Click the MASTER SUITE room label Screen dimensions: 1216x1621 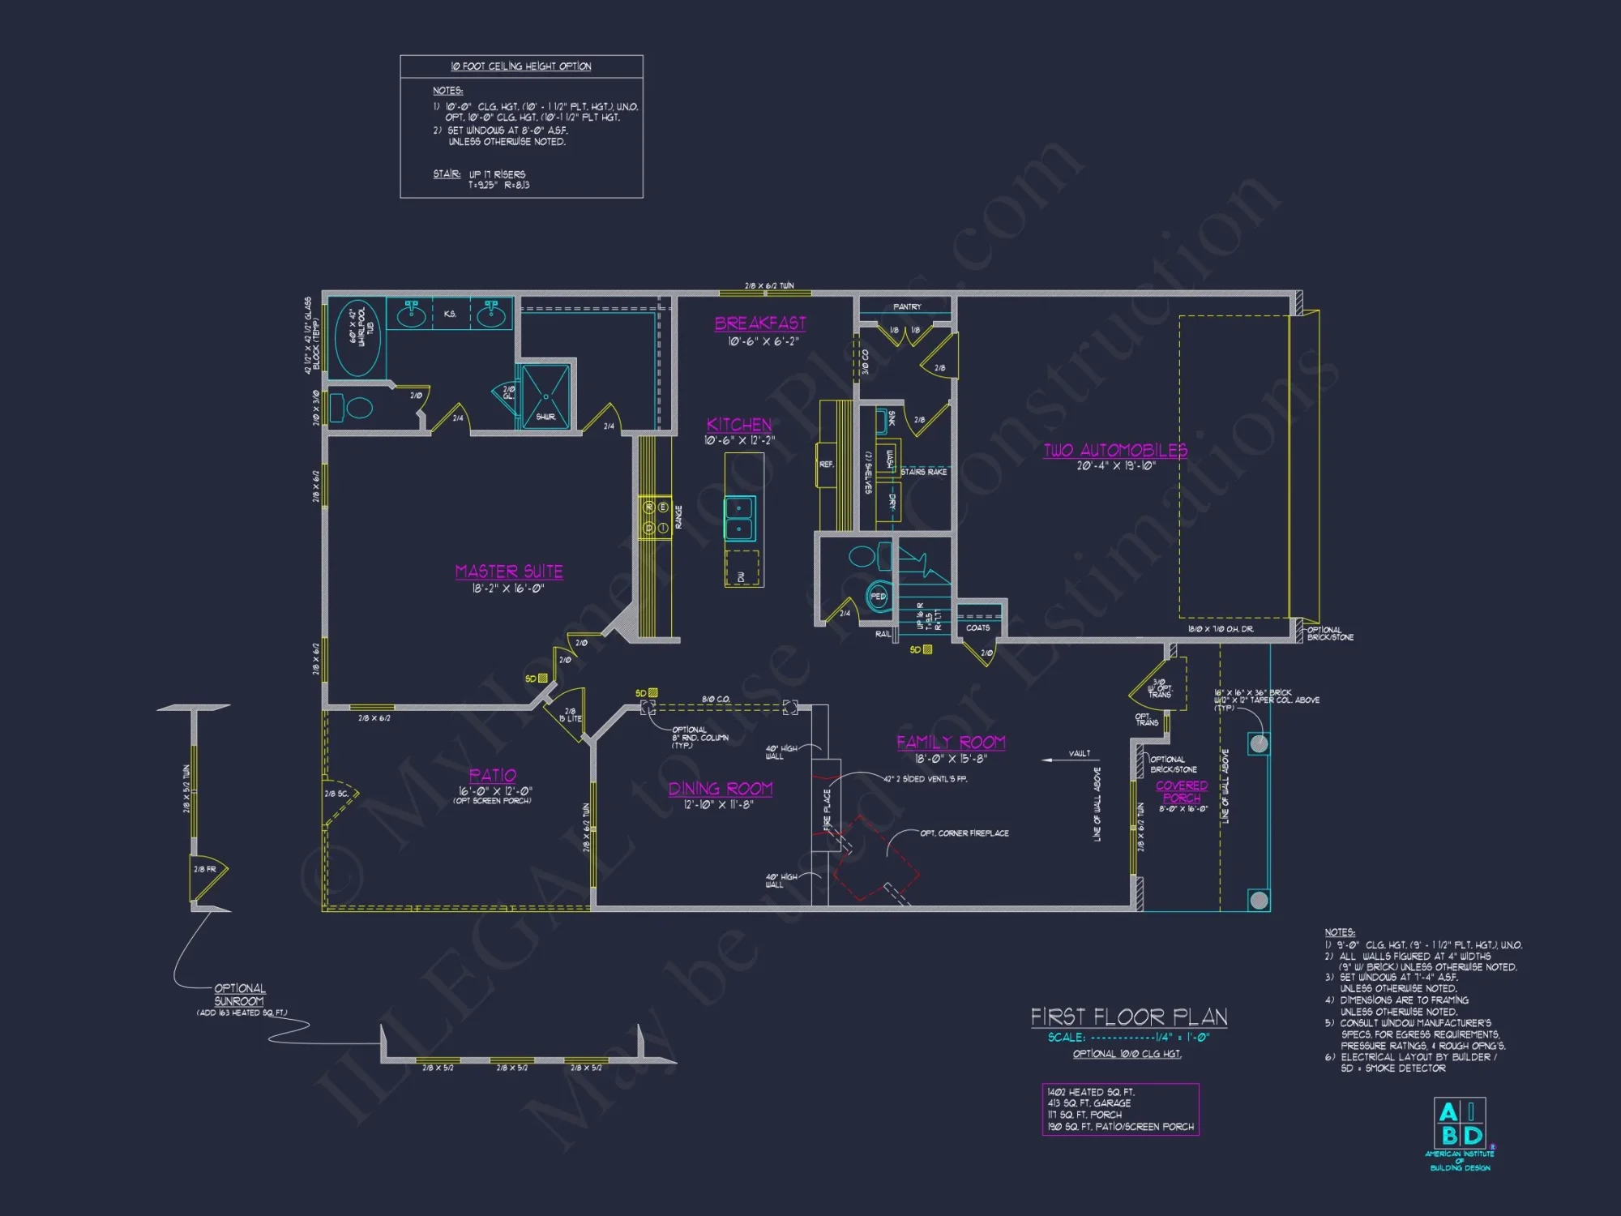pos(508,572)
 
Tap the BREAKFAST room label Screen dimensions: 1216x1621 pos(759,323)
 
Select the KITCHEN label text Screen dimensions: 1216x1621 pos(738,425)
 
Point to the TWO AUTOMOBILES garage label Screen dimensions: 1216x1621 pos(1114,451)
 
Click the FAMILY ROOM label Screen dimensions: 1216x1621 pos(951,743)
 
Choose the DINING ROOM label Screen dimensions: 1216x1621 pos(720,789)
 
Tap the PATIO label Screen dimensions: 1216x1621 pos(492,776)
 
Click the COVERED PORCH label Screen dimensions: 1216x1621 pos(1181,792)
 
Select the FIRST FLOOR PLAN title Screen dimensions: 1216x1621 pos(1128,1017)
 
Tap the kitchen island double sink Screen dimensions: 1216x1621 pos(739,518)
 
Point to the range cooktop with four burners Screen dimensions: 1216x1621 pos(655,517)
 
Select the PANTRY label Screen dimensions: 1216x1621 pos(907,307)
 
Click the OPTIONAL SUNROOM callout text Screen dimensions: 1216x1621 pos(239,995)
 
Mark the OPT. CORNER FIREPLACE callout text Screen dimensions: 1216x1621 pos(964,833)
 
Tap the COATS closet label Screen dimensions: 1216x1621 pos(977,627)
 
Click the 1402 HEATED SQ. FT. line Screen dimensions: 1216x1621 pos(1090,1092)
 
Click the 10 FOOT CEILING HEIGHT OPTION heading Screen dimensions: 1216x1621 pos(520,66)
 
